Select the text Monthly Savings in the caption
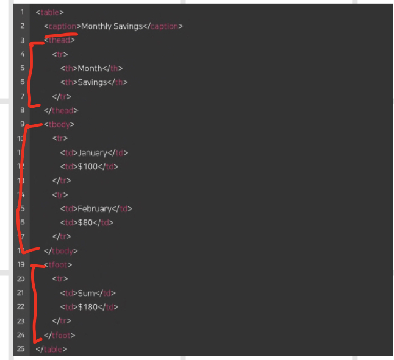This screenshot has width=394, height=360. pos(112,26)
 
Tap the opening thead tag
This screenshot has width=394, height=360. pos(60,40)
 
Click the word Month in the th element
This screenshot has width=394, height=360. pos(90,68)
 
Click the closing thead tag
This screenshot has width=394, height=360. pos(62,110)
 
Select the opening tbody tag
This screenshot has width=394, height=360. pos(60,124)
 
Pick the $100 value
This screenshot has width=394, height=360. pos(89,166)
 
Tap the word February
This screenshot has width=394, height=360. pos(95,208)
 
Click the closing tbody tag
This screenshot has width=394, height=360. pos(61,250)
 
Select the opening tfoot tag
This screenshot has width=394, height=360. pos(59,265)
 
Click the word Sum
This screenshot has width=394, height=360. pos(87,293)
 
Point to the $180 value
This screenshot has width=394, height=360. pos(89,307)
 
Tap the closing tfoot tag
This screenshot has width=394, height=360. pos(60,335)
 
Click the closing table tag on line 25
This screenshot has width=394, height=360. pos(51,349)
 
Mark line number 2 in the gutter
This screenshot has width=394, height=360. pos(22,26)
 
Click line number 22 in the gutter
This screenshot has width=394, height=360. pos(21,307)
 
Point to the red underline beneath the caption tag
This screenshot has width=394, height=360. pos(61,34)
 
